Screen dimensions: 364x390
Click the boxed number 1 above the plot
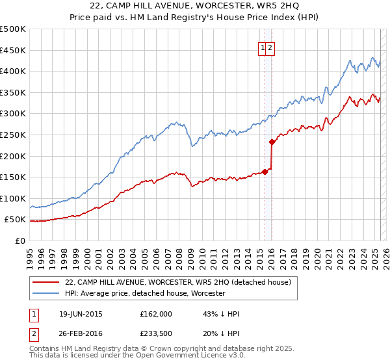(263, 47)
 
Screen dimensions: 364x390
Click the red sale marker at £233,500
(272, 141)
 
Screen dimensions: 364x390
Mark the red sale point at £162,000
(265, 172)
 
